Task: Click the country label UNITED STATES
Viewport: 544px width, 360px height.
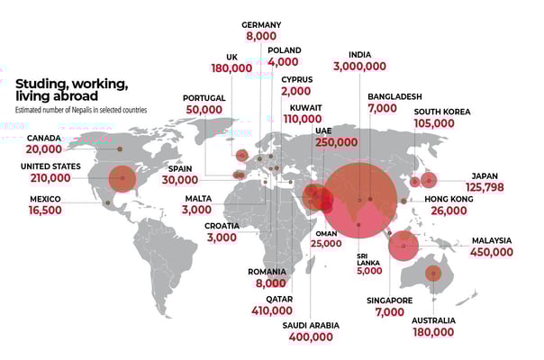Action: [x=51, y=166]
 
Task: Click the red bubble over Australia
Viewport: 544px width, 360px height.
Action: [x=433, y=274]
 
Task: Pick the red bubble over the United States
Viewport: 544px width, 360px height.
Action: [x=122, y=178]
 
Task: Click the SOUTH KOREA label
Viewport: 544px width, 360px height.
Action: [x=444, y=112]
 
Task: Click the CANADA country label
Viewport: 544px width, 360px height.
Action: [x=44, y=138]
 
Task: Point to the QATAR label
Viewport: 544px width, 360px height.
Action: [x=278, y=298]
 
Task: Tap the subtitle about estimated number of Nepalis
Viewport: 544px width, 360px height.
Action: [x=80, y=110]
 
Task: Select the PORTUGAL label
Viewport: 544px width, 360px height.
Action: [x=204, y=97]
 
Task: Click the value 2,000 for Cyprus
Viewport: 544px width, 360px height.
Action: [x=295, y=92]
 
